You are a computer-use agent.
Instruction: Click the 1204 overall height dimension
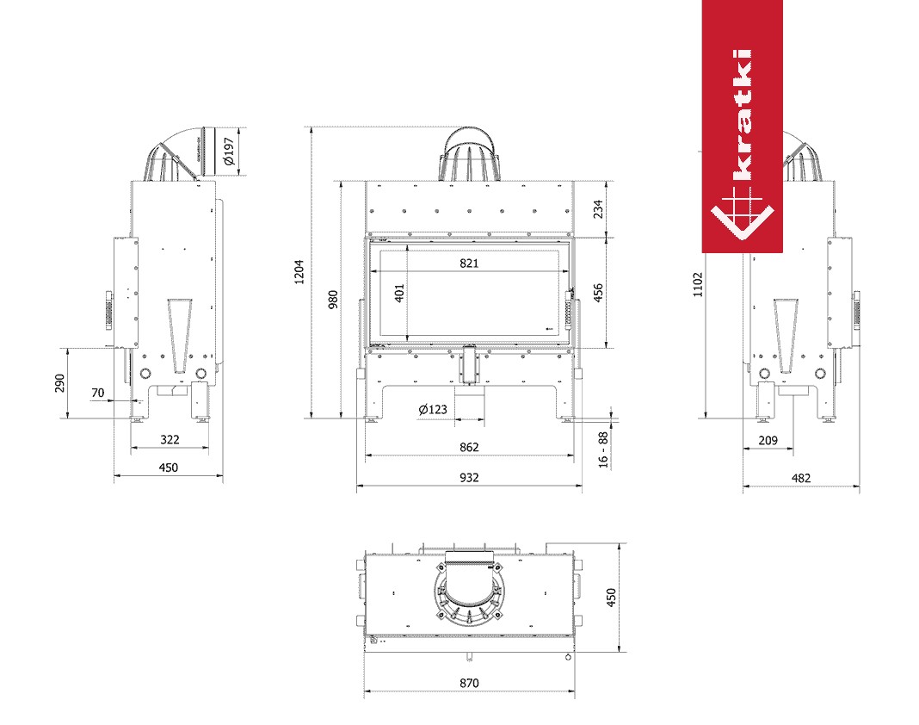(299, 272)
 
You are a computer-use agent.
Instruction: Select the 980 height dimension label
(333, 299)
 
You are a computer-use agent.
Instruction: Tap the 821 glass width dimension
(469, 263)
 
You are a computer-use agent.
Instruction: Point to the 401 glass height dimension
(399, 294)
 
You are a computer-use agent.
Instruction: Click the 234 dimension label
(598, 209)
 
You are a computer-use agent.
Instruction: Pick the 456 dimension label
(598, 293)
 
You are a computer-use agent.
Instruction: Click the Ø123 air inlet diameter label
(433, 409)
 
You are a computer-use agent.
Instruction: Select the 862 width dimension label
(469, 447)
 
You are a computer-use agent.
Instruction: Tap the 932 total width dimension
(469, 478)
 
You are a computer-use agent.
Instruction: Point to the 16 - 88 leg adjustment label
(603, 450)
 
